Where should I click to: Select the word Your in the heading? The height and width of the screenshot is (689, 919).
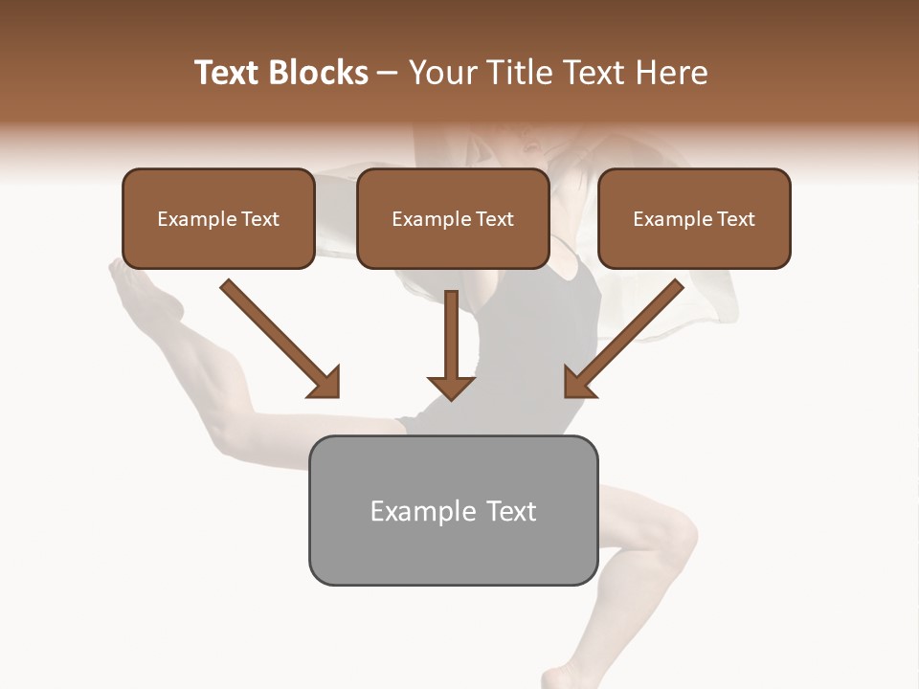click(441, 73)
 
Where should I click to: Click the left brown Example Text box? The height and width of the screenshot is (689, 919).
click(218, 219)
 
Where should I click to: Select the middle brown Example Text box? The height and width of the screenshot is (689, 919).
click(453, 219)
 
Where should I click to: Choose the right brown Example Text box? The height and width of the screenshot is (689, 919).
click(694, 219)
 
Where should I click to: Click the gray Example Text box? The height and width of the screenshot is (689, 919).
click(453, 510)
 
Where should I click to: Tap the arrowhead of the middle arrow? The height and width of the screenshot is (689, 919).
click(452, 386)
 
